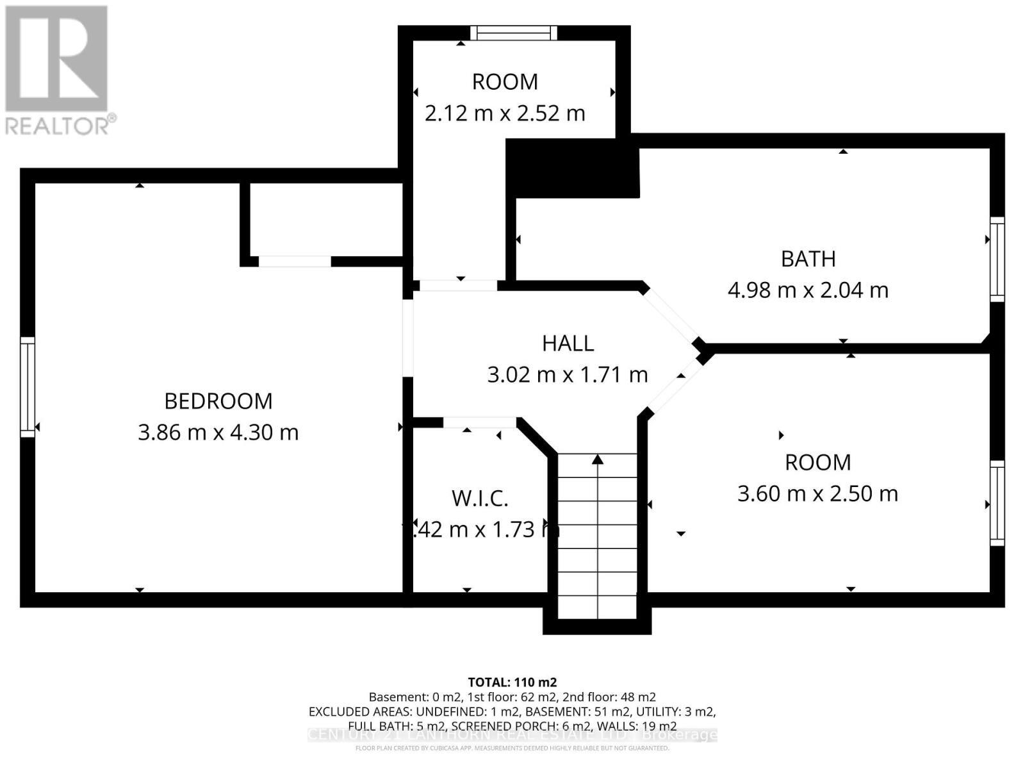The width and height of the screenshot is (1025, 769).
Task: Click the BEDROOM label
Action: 218,401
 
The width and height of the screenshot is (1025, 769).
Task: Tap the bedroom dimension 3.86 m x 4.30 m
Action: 218,433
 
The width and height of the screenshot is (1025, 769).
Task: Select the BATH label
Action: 808,259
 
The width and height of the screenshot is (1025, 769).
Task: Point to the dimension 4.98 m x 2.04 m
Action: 808,290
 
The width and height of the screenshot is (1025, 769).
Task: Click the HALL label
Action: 568,343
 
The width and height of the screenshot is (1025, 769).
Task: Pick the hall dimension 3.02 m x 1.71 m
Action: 568,375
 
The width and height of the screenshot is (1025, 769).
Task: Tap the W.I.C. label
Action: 480,499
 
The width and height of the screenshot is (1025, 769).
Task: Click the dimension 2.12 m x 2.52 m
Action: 505,113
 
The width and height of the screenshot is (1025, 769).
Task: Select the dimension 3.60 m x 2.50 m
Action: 817,494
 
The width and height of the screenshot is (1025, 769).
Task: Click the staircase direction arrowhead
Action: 597,459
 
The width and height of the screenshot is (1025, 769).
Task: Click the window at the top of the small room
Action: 514,33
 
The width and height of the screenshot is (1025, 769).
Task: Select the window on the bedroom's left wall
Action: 27,388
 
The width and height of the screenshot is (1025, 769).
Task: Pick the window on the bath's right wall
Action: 997,259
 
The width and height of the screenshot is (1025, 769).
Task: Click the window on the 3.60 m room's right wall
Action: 997,503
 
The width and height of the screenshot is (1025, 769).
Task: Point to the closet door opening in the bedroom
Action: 295,261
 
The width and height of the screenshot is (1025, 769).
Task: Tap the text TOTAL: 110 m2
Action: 512,682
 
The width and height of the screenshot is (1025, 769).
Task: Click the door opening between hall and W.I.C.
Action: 479,422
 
